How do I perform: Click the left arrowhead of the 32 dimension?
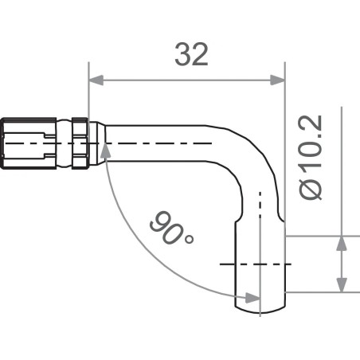pyautogui.click(x=95, y=80)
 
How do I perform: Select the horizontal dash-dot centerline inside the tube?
pyautogui.click(x=159, y=143)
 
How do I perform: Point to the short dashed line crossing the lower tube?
pyautogui.click(x=255, y=264)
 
